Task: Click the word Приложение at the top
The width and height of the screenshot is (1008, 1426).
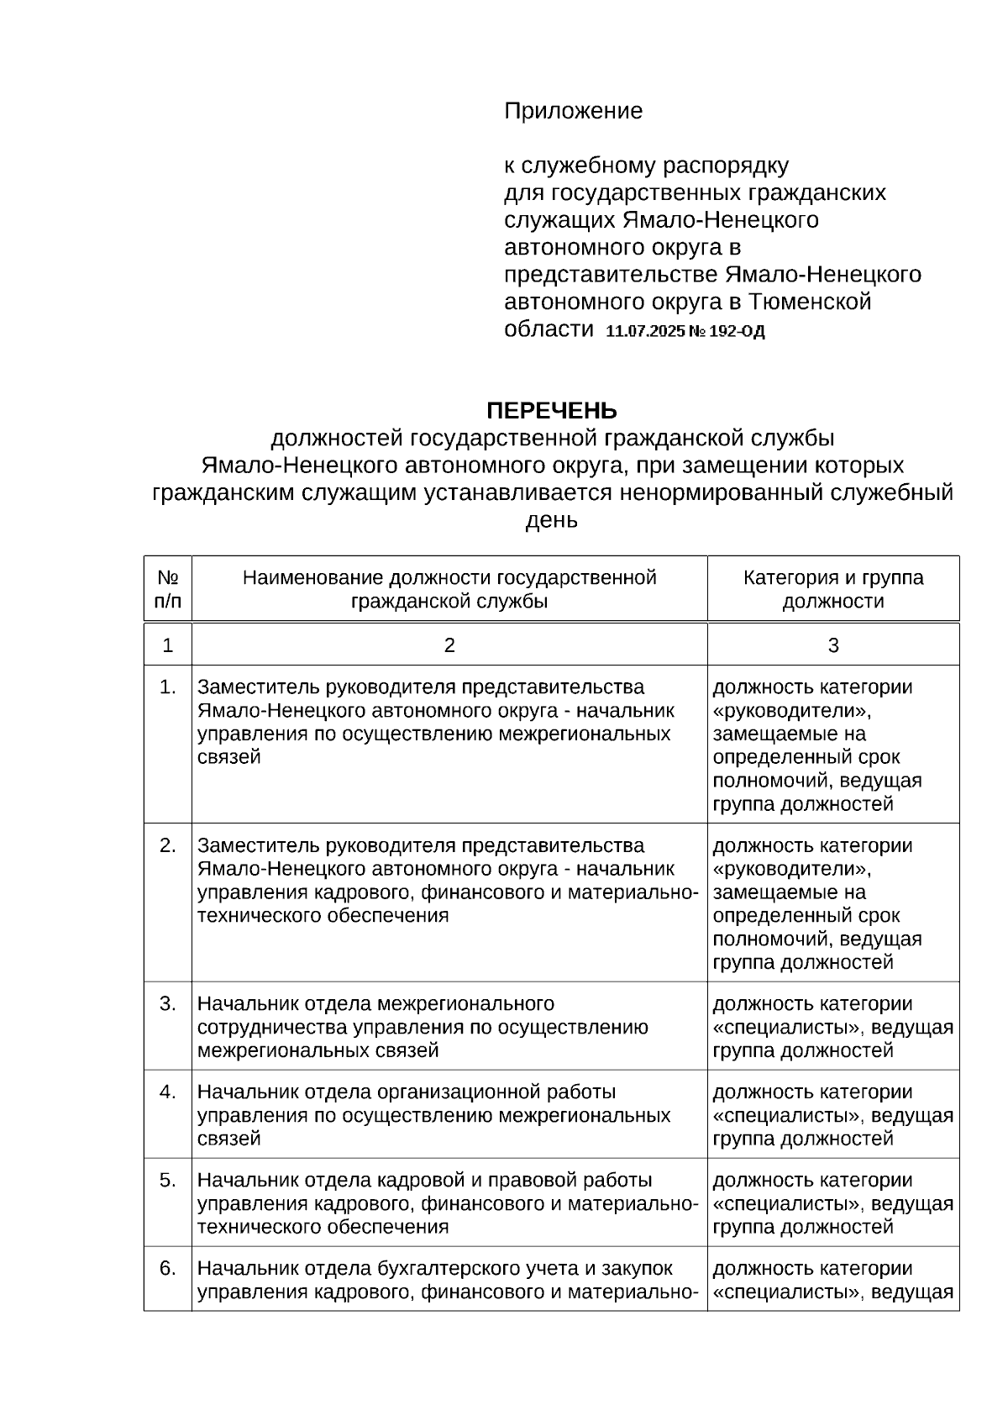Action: coord(573,111)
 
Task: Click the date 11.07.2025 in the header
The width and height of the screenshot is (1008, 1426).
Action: coord(644,332)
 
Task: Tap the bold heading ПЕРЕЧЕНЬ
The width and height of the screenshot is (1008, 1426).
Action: coord(552,411)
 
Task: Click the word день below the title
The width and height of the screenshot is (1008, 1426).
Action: coord(551,520)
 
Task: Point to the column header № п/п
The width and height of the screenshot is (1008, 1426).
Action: coord(168,589)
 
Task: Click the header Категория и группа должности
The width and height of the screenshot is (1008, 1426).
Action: coord(832,589)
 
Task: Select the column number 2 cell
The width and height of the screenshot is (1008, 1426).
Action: coord(449,645)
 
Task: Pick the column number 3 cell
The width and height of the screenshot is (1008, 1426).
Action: coord(832,645)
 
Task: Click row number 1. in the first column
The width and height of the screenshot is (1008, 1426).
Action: coord(168,687)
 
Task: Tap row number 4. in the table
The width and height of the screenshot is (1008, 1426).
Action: coord(168,1092)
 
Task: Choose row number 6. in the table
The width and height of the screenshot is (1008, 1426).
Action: coord(168,1269)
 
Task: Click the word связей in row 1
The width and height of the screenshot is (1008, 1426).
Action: coord(228,757)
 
